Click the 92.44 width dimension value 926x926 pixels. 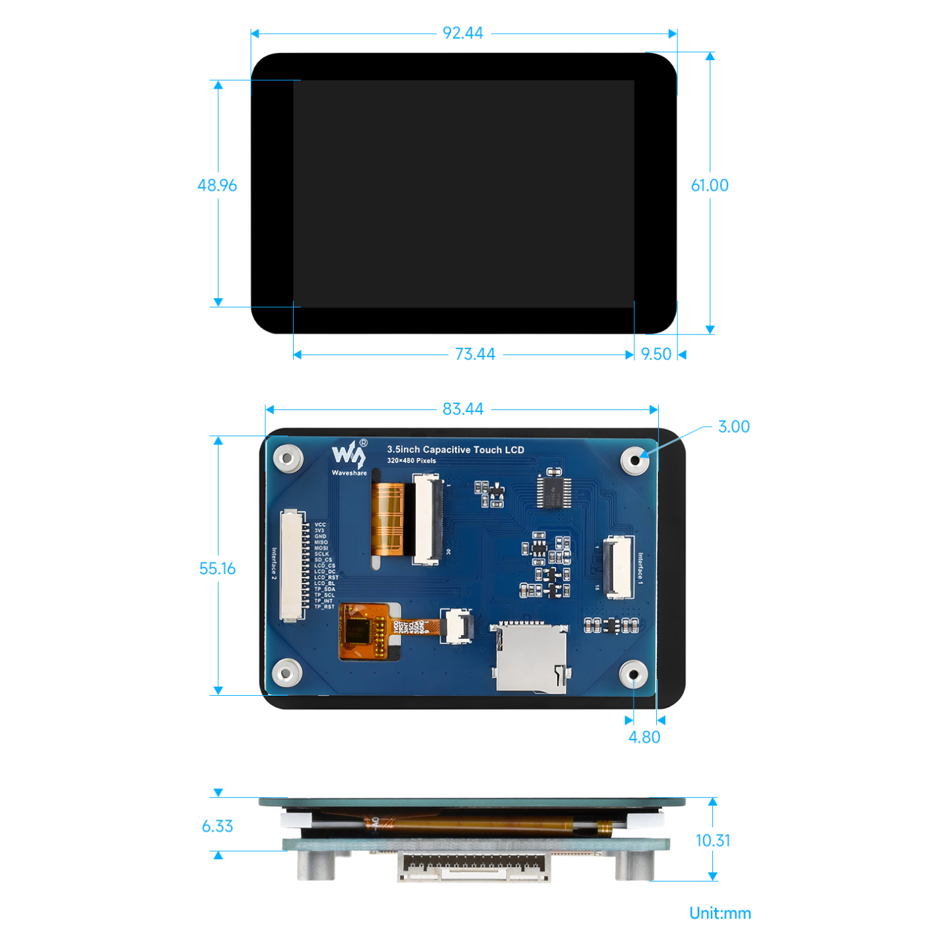pos(463,33)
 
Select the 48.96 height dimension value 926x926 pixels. pos(217,185)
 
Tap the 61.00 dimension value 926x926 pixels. pos(710,185)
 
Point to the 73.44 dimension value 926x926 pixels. pos(475,355)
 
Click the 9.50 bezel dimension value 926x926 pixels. pos(656,355)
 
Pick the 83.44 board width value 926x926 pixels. pos(463,409)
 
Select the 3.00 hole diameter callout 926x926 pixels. pos(734,427)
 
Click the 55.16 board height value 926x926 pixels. pos(217,569)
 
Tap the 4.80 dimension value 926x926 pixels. pos(644,737)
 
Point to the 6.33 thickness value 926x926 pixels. pos(217,826)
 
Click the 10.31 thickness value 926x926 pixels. pos(713,841)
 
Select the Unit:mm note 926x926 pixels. pos(720,913)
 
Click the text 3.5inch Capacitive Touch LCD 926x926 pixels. pos(455,450)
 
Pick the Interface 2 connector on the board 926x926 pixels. pos(292,566)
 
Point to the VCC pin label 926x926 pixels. pos(320,525)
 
